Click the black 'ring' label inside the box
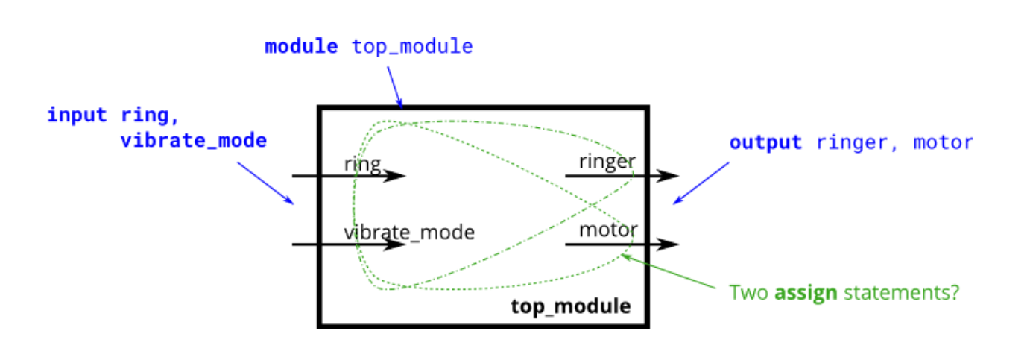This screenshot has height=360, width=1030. (x=362, y=164)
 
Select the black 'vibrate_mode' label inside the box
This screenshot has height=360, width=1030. (x=409, y=232)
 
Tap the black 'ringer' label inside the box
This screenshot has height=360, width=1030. (x=607, y=162)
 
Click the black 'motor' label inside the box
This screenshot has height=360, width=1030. (x=608, y=229)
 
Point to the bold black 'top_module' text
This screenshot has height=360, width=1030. (x=570, y=306)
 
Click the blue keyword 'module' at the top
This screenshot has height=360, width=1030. (x=301, y=46)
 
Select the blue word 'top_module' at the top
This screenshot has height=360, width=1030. (x=412, y=46)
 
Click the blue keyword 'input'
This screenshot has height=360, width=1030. (x=78, y=116)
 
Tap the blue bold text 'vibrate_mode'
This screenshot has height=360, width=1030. (x=194, y=140)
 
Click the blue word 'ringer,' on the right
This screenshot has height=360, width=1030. (x=853, y=142)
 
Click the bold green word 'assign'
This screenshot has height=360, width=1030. (x=806, y=293)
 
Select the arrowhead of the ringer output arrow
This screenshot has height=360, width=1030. (x=669, y=176)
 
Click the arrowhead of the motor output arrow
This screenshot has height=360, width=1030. (x=669, y=244)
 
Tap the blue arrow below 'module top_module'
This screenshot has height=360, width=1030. (x=394, y=86)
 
